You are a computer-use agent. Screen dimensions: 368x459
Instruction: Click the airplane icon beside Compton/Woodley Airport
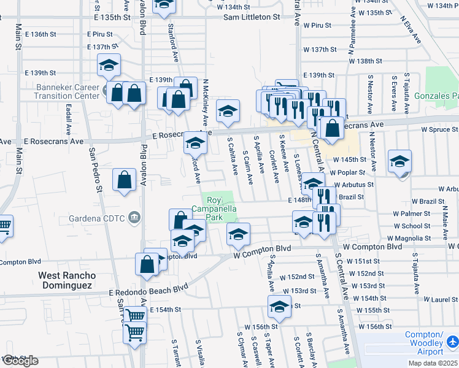click(452, 340)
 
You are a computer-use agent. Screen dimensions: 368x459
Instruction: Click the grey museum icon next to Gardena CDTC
click(134, 217)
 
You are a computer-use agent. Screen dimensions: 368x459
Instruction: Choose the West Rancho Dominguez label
click(66, 280)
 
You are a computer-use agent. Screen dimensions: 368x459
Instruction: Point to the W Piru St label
click(317, 26)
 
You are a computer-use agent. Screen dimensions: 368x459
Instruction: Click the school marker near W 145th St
click(399, 161)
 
